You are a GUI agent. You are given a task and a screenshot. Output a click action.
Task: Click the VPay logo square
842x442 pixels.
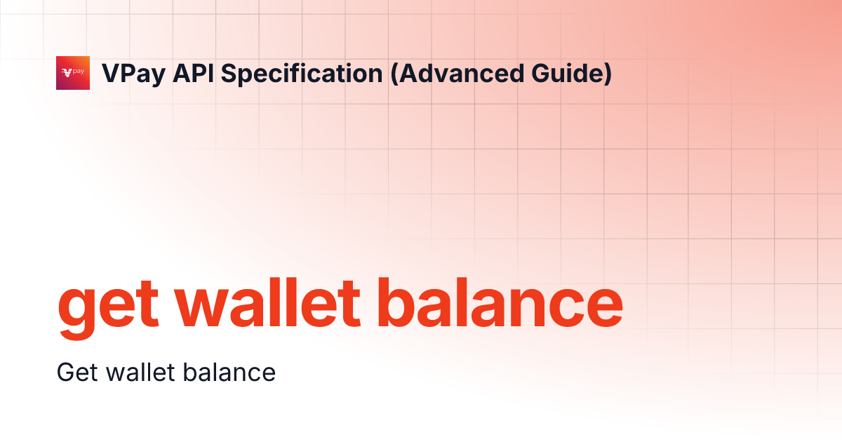73,73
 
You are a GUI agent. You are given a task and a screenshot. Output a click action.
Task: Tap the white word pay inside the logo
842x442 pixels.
79,72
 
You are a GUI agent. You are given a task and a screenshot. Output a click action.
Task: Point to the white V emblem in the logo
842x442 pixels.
67,72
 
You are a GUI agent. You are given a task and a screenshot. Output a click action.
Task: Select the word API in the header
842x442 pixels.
185,73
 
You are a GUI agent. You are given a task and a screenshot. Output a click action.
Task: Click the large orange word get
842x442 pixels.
105,309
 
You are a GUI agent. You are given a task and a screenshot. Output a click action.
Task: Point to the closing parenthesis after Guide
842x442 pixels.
607,74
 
